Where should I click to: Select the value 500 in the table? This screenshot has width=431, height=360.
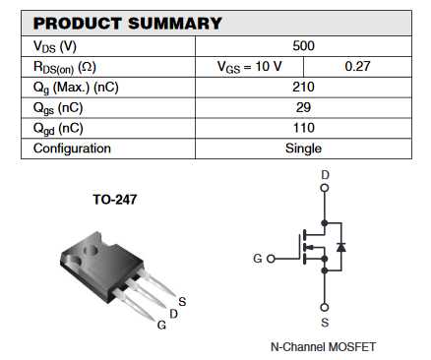click(x=303, y=46)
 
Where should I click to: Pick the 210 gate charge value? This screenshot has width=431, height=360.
click(x=303, y=87)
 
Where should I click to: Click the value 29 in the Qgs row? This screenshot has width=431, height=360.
click(x=303, y=107)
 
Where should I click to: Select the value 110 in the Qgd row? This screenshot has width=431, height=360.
click(x=303, y=128)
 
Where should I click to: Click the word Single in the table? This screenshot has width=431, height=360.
click(x=303, y=149)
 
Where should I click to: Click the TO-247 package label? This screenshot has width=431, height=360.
click(x=114, y=199)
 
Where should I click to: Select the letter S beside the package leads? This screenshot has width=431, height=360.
click(x=183, y=301)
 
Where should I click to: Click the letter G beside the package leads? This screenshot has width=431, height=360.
click(x=161, y=325)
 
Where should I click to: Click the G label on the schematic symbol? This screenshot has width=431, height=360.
click(x=258, y=259)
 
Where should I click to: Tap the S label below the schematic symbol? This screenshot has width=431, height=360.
click(x=325, y=322)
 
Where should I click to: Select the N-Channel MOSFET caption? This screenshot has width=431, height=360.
click(x=323, y=347)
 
